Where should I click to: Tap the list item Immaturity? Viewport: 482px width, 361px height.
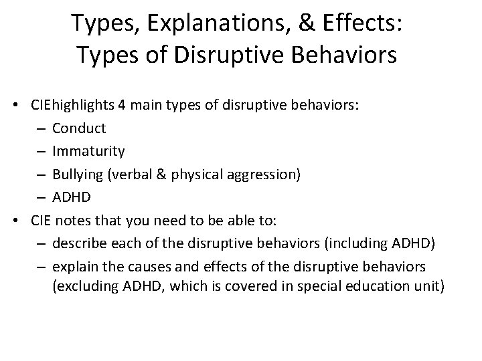88,150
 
